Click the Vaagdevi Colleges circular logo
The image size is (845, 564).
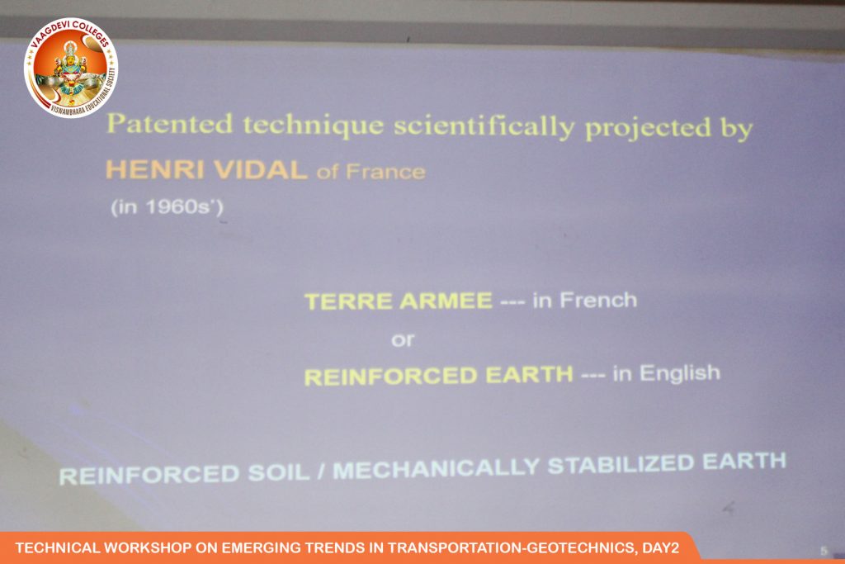tap(71, 68)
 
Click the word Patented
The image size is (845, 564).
tap(170, 124)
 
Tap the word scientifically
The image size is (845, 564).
tap(484, 127)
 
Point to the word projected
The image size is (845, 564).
tap(648, 130)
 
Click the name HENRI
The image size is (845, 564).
tap(154, 170)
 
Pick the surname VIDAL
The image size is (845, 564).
tap(260, 170)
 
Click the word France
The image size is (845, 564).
tap(385, 172)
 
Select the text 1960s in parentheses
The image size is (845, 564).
tap(167, 207)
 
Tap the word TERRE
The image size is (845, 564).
tap(348, 301)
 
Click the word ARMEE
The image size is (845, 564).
tap(446, 301)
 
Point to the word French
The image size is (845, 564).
tap(598, 300)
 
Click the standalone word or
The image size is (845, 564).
tap(403, 339)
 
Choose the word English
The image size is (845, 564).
tap(680, 373)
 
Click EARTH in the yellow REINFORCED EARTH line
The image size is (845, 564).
tap(529, 375)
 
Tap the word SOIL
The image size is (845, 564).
tap(279, 473)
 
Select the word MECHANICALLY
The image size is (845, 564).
tap(436, 468)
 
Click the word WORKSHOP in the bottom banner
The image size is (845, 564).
tap(147, 547)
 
